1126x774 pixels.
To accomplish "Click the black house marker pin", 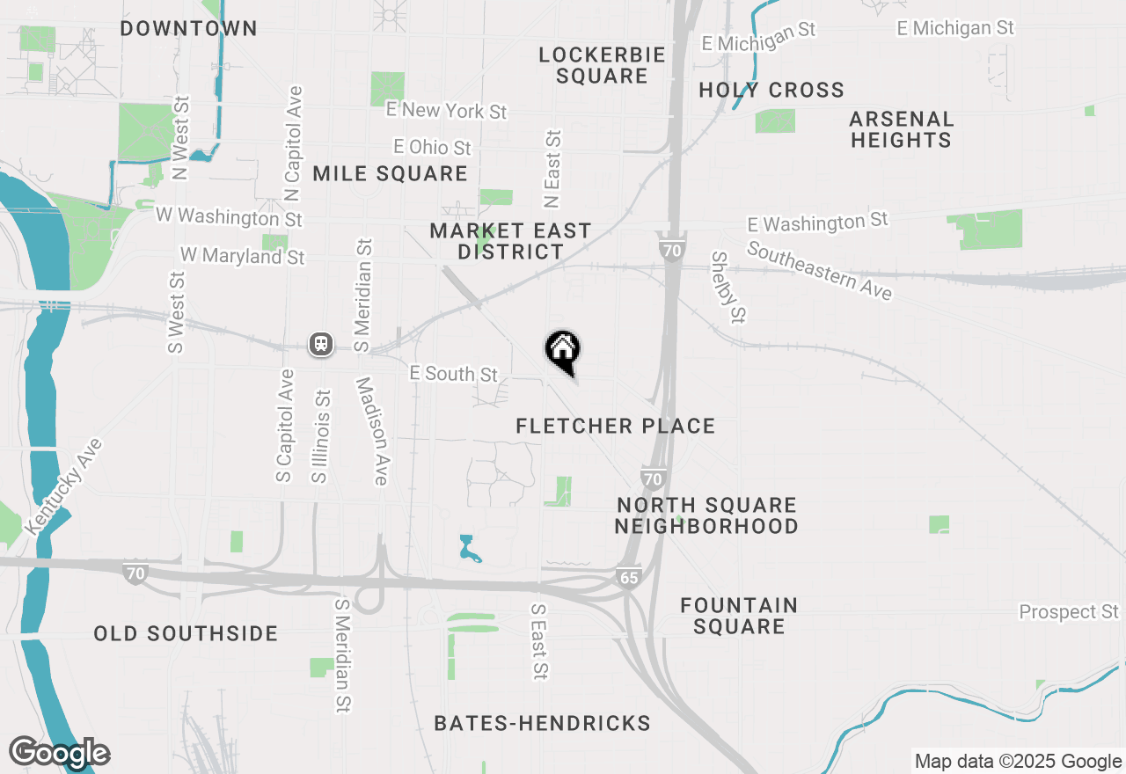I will tap(563, 351).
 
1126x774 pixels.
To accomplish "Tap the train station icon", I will tap(320, 344).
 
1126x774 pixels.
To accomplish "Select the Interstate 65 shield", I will tap(629, 578).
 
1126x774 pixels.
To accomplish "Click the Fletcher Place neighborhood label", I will tap(615, 427).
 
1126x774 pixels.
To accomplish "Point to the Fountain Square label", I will tap(739, 616).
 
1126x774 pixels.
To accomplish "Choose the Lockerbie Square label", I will tap(602, 66).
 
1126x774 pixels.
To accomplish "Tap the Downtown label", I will tap(188, 29).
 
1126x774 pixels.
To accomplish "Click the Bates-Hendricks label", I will tap(542, 724).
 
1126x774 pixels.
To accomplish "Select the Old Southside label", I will tap(186, 634).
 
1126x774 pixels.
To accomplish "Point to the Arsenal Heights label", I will tap(901, 129).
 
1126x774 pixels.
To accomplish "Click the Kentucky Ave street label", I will tap(64, 486).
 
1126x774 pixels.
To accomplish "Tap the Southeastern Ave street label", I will tap(819, 270).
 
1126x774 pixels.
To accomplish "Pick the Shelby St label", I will tap(728, 287).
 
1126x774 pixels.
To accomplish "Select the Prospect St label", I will tap(1069, 611).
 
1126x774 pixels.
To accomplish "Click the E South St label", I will tap(454, 374).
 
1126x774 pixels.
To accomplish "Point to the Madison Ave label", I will tap(372, 431).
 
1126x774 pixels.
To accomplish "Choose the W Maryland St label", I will tap(242, 256).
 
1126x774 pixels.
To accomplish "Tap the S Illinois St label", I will tap(320, 436).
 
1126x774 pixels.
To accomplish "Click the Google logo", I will tap(59, 753).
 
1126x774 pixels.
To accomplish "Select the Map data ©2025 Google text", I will tap(1018, 762).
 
